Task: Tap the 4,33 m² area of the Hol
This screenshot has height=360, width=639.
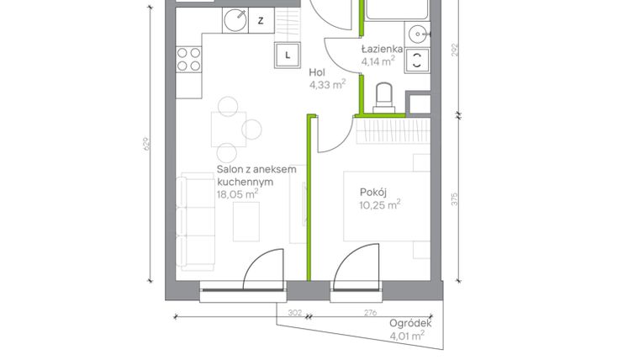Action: pyautogui.click(x=328, y=84)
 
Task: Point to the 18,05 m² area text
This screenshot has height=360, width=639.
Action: pyautogui.click(x=237, y=193)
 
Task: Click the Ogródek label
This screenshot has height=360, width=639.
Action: pyautogui.click(x=410, y=323)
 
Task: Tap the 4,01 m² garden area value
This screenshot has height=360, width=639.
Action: pyautogui.click(x=407, y=336)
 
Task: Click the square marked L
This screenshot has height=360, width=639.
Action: pyautogui.click(x=288, y=56)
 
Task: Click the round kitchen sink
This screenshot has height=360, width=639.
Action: pyautogui.click(x=236, y=19)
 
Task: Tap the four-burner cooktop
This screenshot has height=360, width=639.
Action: pyautogui.click(x=188, y=59)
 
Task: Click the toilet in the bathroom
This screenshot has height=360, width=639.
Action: pyautogui.click(x=383, y=95)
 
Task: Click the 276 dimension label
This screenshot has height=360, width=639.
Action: pyautogui.click(x=370, y=312)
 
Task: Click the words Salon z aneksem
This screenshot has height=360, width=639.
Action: pyautogui.click(x=257, y=170)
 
